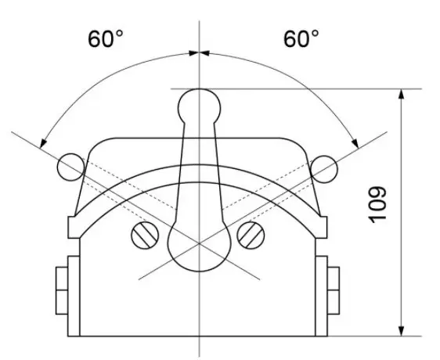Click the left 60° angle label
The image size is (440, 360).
point(106,38)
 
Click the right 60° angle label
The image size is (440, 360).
point(301,38)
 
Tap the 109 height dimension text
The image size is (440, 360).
point(377,205)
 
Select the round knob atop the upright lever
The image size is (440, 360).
point(199,106)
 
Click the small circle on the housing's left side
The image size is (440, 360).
point(71,167)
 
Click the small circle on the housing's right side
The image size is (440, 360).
point(323,169)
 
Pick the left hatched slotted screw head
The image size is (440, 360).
point(145,236)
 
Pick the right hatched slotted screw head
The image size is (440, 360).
point(251,236)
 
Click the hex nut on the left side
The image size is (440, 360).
point(62,290)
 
